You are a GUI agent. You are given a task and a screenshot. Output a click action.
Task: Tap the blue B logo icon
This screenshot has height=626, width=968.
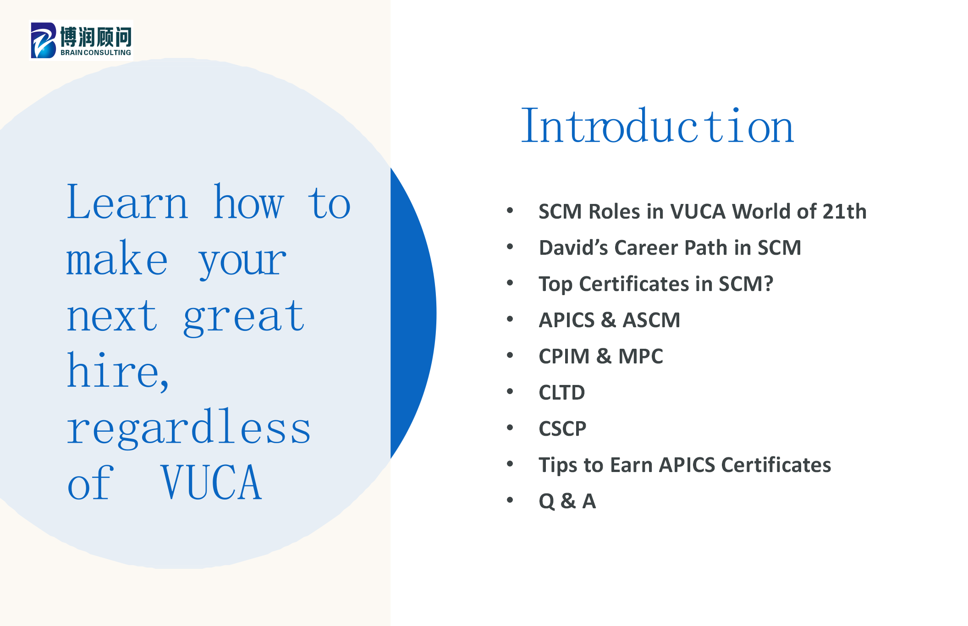point(44,40)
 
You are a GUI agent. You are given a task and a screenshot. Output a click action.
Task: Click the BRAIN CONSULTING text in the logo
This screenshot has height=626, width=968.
point(96,53)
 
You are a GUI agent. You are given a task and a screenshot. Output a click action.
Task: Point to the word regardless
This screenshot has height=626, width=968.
point(189,427)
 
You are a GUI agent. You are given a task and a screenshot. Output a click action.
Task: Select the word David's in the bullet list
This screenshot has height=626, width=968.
point(573,247)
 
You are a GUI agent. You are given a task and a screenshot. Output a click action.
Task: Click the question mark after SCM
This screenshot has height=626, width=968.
point(768,284)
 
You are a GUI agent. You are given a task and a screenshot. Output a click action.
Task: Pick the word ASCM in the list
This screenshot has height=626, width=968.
point(651,320)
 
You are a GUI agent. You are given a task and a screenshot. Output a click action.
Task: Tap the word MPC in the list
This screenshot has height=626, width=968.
point(640,356)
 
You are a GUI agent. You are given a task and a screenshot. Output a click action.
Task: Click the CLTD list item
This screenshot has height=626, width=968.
point(562,392)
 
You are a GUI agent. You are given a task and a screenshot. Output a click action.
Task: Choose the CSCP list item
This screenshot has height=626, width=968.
point(562,428)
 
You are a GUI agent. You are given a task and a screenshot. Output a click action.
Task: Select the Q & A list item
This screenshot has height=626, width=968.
point(567,501)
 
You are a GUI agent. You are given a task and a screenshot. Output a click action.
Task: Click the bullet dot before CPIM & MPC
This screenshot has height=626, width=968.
point(510,356)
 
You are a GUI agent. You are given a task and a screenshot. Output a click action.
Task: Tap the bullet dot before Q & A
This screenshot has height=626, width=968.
point(510,500)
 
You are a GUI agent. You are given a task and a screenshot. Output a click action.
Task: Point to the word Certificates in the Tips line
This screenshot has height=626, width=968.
point(776,465)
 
